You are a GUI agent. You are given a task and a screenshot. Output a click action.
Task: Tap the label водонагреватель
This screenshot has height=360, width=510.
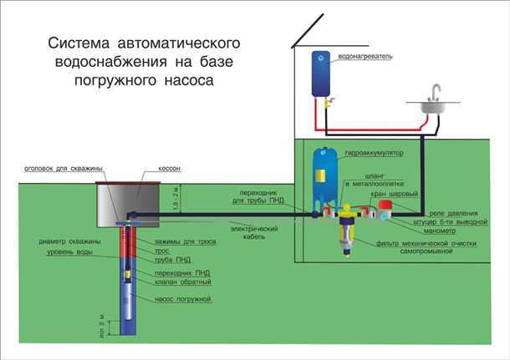(x=365, y=56)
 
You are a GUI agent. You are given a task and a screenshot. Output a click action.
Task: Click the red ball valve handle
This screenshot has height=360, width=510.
(x=385, y=204)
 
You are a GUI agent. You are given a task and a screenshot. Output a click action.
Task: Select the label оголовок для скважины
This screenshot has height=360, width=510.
(x=57, y=169)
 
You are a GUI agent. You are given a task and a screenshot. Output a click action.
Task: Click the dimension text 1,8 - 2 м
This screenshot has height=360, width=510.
(x=191, y=200)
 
